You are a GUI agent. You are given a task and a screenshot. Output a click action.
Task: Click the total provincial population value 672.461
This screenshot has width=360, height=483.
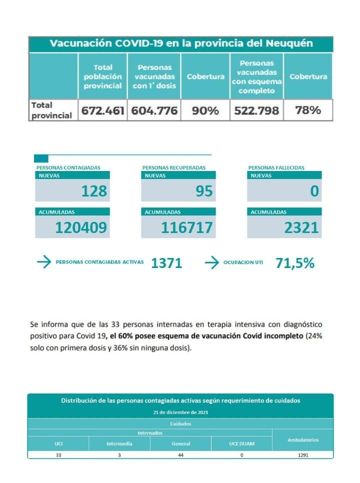point(103,110)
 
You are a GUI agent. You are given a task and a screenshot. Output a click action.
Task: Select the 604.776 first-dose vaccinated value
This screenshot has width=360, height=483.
point(154,110)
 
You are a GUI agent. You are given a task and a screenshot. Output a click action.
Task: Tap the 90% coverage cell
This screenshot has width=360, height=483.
point(205,110)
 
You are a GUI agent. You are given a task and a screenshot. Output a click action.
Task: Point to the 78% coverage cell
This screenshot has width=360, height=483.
point(308,110)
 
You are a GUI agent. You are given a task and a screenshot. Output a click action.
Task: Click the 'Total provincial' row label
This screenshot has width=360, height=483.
point(51,110)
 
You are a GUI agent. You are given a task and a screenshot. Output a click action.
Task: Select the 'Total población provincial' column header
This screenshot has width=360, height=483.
point(103,76)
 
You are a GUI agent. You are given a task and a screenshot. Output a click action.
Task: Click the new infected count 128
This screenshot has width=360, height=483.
point(95,191)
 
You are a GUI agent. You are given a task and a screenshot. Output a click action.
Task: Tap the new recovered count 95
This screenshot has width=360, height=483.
point(204,191)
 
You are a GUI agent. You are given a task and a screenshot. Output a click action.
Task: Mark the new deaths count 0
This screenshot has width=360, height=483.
point(314,191)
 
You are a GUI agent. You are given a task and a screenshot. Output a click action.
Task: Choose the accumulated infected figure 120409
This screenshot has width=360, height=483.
point(81,228)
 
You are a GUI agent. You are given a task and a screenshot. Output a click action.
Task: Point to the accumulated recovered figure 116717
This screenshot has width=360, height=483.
point(187,228)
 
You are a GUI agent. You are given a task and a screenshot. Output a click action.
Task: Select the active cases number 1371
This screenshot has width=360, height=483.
point(166,263)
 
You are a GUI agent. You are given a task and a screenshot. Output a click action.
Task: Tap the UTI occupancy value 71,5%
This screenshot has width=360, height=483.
point(295,263)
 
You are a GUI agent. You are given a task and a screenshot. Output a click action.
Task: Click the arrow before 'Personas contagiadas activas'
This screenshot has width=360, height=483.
point(44,262)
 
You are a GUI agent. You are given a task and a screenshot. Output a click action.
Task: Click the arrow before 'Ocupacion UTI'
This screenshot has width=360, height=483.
point(212,262)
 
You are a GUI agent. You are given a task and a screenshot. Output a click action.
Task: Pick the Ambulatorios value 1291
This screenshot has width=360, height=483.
point(302,455)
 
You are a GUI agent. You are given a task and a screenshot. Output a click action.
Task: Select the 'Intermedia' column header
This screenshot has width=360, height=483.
point(119,443)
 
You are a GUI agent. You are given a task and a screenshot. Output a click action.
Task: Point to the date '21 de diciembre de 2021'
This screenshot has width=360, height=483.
point(180,412)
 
